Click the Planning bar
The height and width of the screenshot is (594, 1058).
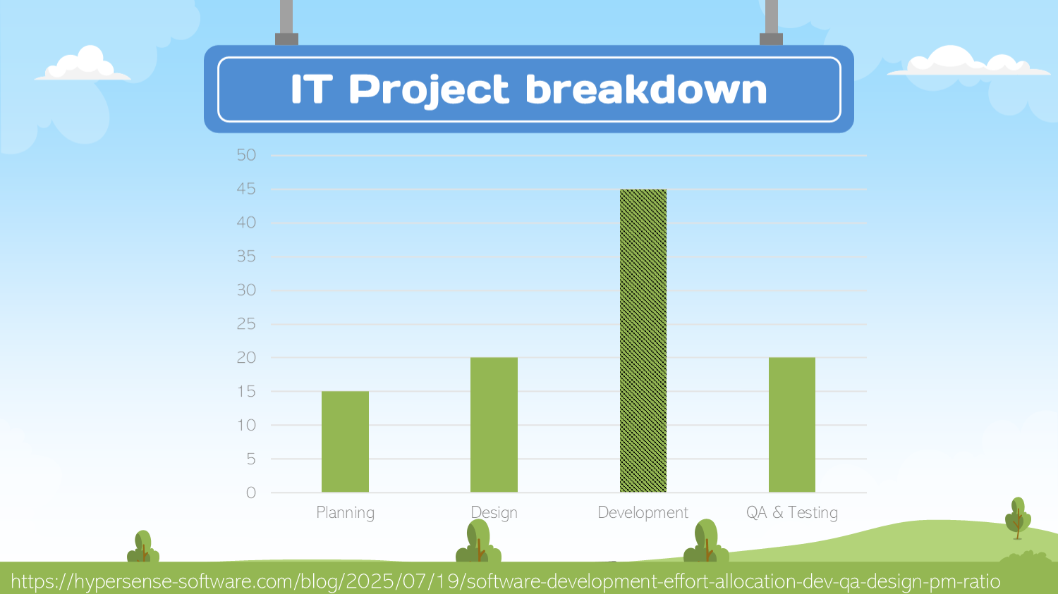pos(345,442)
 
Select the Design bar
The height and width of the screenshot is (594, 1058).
pos(494,425)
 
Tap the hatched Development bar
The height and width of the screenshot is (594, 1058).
pos(643,340)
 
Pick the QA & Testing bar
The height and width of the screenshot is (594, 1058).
pos(791,425)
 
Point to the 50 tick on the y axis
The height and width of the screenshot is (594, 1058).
pos(246,155)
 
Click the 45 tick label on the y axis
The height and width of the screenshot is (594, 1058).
pos(246,189)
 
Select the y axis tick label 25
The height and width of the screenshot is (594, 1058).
pos(246,324)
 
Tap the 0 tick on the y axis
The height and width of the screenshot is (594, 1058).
pos(250,493)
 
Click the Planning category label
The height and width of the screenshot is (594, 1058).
pos(345,513)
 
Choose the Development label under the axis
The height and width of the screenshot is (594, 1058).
pos(643,513)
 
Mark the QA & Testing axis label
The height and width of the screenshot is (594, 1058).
pos(791,513)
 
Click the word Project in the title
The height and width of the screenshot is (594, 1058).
pos(428,90)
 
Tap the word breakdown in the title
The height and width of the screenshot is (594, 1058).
pos(645,89)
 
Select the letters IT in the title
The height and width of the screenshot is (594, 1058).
pos(311,89)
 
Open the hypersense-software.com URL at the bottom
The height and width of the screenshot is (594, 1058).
pos(505,582)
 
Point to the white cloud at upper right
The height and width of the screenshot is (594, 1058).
pos(967,63)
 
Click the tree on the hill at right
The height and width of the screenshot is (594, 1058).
pos(1017,518)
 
